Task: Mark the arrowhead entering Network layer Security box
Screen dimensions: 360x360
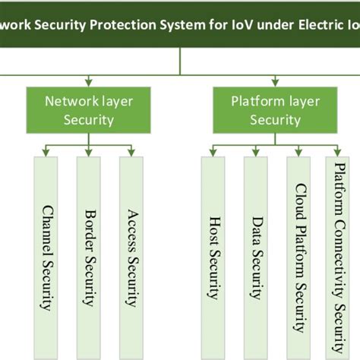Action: tap(89, 81)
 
